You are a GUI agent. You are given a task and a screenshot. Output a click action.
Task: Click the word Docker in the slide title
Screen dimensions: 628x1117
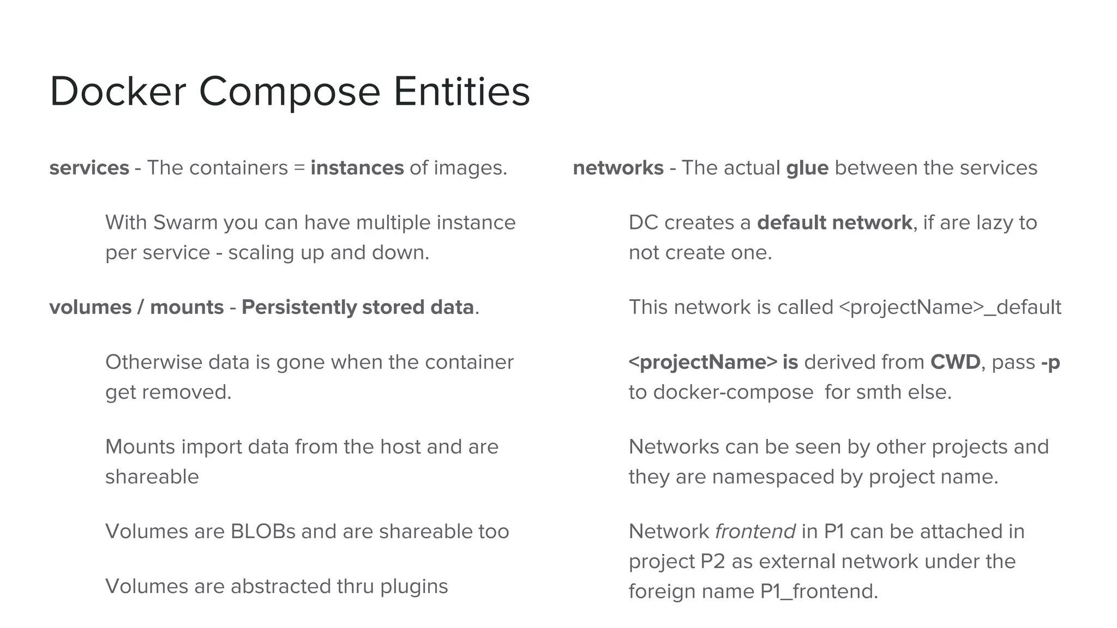click(x=118, y=91)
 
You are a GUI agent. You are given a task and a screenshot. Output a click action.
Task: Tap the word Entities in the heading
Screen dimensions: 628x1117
click(x=461, y=91)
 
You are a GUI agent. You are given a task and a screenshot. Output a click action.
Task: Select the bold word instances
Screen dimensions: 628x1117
click(x=357, y=168)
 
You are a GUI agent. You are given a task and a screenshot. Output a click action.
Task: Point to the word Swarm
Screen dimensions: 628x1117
click(x=185, y=222)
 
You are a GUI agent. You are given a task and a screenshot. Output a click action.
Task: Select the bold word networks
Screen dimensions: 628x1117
click(x=618, y=168)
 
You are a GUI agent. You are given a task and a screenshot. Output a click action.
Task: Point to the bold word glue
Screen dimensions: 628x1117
click(x=807, y=168)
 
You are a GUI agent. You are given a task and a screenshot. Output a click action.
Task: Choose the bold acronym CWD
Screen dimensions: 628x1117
click(x=955, y=362)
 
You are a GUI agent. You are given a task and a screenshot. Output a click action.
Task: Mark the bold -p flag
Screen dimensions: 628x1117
click(x=1050, y=363)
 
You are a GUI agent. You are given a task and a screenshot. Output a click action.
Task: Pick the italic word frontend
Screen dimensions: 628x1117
click(x=755, y=532)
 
